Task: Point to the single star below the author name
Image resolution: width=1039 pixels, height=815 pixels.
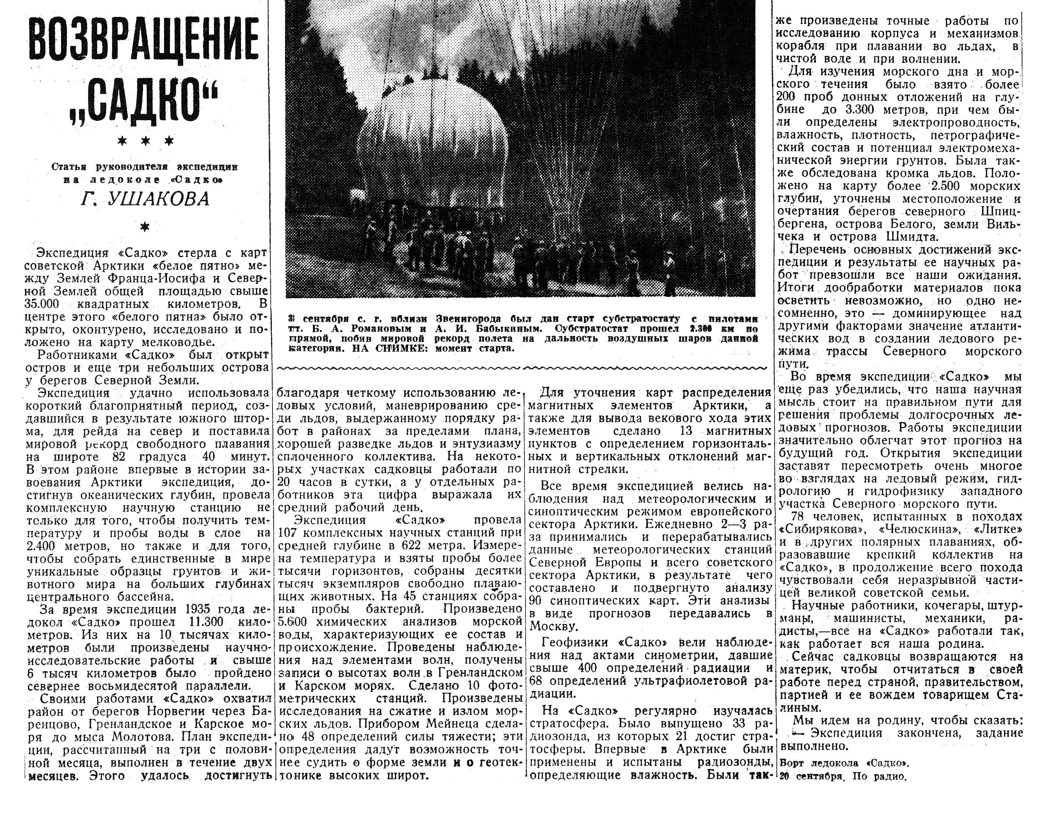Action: (145, 227)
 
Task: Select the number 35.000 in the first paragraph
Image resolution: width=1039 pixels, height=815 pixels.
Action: (43, 304)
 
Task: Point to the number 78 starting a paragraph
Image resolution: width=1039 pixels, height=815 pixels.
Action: (799, 516)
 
